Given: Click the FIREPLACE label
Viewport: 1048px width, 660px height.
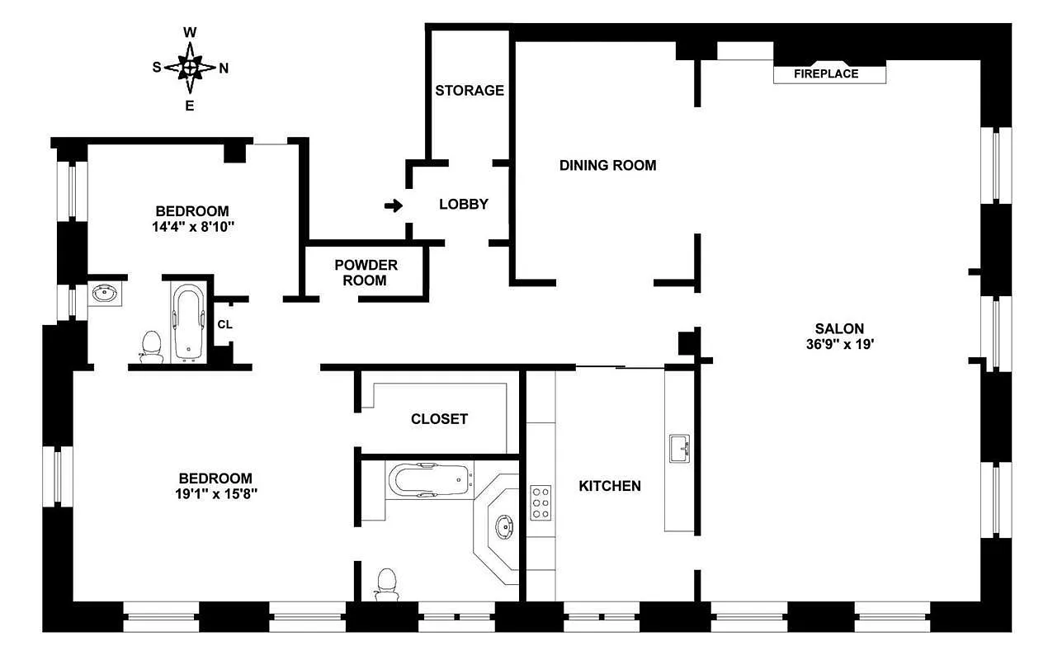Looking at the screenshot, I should click(x=826, y=73).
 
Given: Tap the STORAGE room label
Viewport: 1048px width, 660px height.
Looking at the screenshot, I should click(x=470, y=91).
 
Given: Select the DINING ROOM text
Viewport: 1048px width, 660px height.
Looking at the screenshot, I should click(x=607, y=165).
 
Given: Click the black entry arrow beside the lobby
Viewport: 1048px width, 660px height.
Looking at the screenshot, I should click(x=394, y=205).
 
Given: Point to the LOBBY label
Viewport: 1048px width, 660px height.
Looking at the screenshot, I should click(x=463, y=205).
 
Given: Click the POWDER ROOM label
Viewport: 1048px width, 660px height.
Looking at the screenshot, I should click(x=366, y=272).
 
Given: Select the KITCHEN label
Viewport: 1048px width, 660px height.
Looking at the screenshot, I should click(x=609, y=486).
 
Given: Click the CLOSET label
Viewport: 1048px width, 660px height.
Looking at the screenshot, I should click(x=439, y=419).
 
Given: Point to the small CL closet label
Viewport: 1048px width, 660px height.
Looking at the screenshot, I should click(x=224, y=324).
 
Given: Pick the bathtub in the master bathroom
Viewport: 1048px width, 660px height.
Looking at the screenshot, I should click(x=429, y=479).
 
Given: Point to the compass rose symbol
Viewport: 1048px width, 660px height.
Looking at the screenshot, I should click(x=190, y=68).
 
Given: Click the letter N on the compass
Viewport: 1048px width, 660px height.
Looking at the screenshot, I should click(x=224, y=68).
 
